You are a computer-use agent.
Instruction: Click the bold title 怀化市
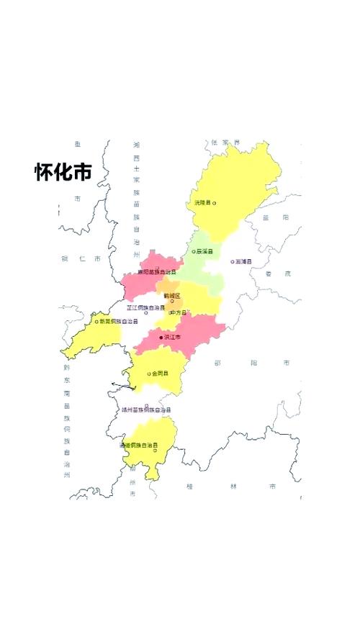pos(63,172)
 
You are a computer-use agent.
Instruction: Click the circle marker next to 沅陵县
pos(215,203)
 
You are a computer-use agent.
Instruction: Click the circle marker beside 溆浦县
pos(232,261)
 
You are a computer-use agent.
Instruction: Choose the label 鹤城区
pos(172,295)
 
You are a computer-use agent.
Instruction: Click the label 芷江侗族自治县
pos(146,307)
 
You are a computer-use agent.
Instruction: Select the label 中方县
pos(178,312)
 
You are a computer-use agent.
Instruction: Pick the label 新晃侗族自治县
pos(118,321)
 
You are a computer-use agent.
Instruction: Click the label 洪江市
pos(172,336)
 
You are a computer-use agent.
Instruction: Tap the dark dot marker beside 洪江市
pos(161,337)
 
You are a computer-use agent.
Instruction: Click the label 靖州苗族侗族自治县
pos(146,410)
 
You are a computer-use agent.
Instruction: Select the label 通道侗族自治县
pos(138,446)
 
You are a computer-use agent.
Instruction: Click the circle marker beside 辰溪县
pos(194,251)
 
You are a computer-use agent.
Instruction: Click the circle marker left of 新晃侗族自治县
pos(96,321)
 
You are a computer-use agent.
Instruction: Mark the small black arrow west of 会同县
pos(124,387)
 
